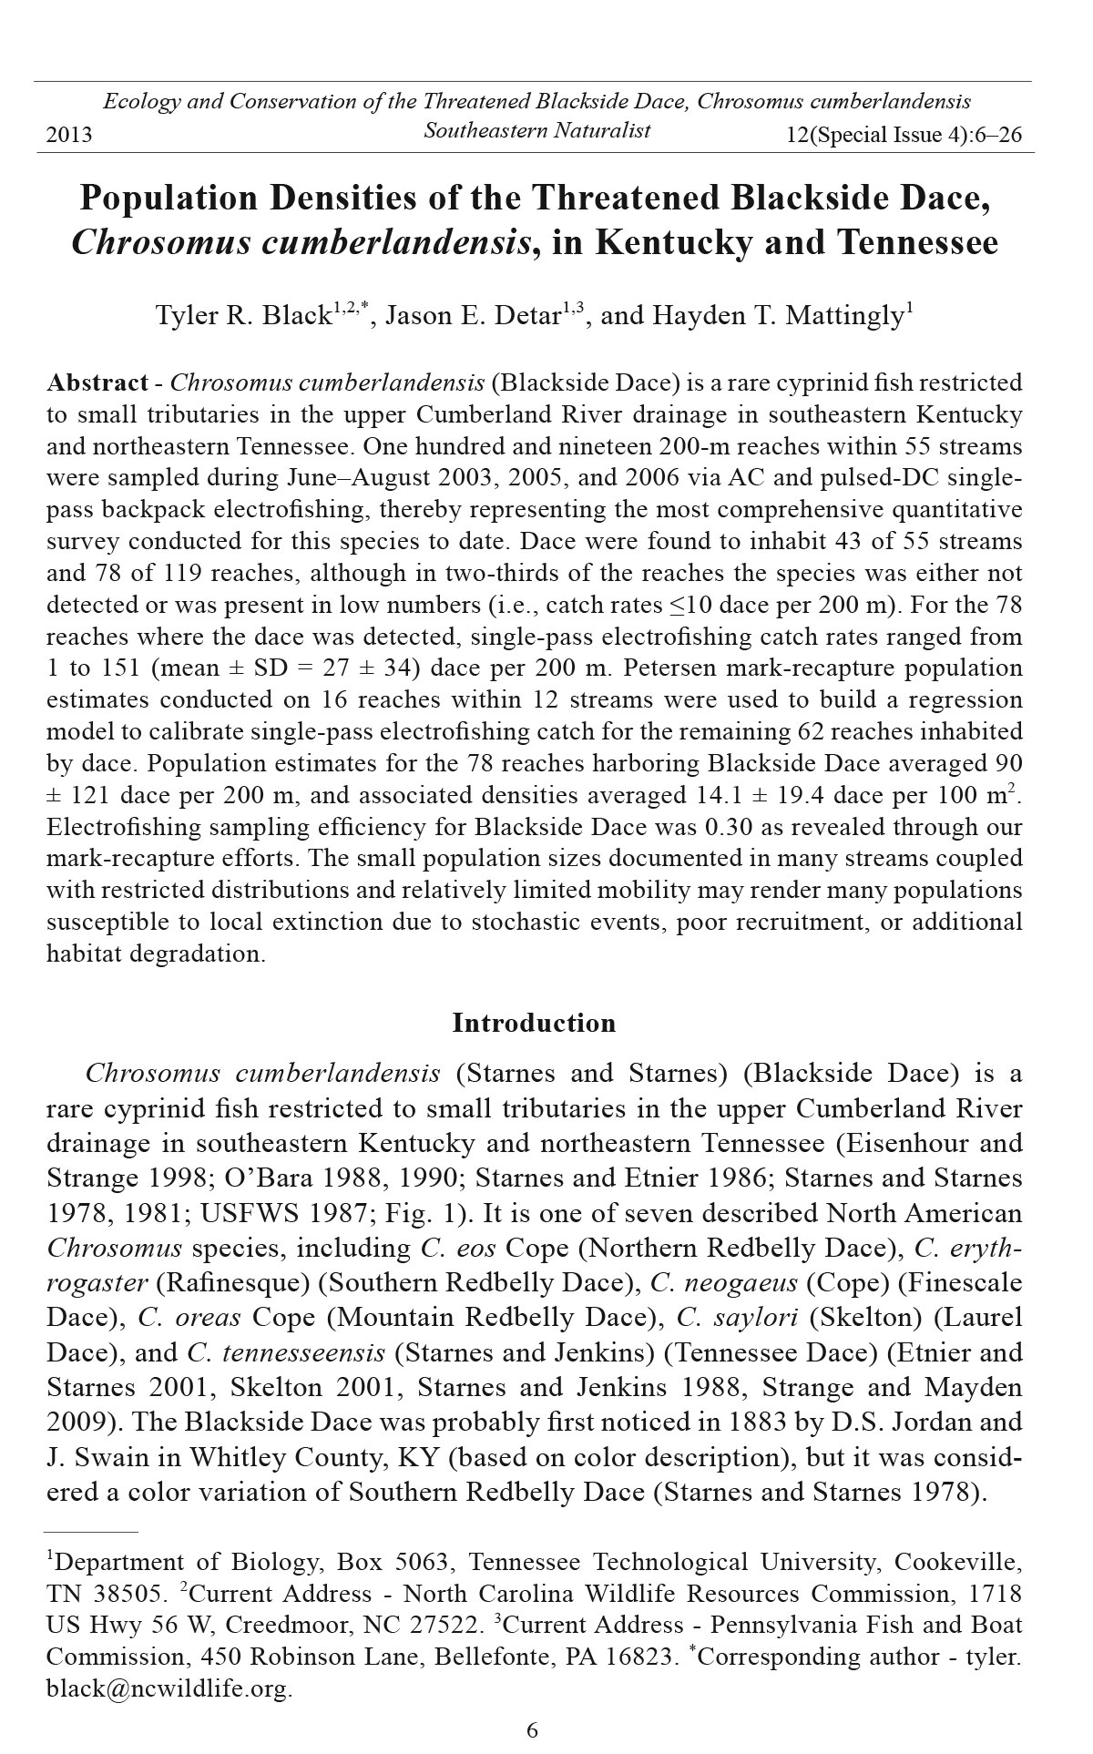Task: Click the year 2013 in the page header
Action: [69, 136]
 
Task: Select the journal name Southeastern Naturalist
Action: [536, 130]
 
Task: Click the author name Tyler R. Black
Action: [241, 316]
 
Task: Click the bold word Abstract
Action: [97, 382]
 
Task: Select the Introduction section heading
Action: [534, 1023]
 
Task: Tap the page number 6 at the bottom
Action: [533, 1729]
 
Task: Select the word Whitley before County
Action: [228, 1457]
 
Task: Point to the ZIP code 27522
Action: [446, 1626]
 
